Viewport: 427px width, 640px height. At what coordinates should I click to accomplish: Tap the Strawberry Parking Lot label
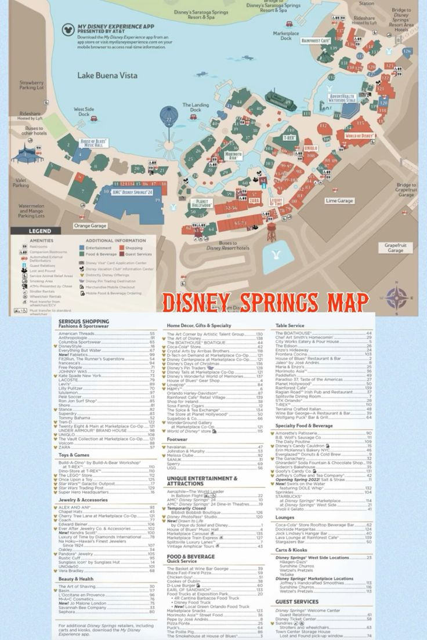32,86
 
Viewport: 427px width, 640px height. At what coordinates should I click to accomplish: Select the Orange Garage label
91,226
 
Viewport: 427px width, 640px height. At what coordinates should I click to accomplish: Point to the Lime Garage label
339,201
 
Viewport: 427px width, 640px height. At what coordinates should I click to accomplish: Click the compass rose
397,297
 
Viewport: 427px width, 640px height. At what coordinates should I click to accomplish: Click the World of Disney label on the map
360,136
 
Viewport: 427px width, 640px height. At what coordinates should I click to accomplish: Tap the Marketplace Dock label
286,36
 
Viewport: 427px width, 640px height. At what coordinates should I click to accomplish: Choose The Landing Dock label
196,107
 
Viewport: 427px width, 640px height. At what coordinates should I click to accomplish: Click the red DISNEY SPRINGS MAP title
265,302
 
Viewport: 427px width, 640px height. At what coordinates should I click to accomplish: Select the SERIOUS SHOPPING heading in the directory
84,321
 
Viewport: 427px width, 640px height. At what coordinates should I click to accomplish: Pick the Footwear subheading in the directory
178,439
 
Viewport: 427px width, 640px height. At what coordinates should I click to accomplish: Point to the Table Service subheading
291,326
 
